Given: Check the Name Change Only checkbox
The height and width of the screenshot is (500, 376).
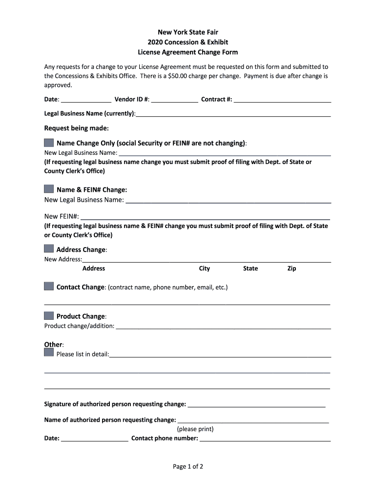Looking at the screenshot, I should [x=49, y=143].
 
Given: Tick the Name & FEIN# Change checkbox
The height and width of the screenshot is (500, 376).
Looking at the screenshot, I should [x=49, y=189].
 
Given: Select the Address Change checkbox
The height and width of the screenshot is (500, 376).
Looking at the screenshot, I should [x=49, y=249].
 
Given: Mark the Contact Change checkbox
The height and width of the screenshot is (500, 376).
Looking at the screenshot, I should [x=49, y=286].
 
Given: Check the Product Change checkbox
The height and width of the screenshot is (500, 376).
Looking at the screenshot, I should [x=49, y=315].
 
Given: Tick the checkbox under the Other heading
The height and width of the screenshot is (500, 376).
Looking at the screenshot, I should [x=49, y=353].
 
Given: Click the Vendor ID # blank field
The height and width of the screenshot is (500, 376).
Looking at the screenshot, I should [x=174, y=100].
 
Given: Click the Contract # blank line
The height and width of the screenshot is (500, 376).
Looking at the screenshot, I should [x=282, y=100].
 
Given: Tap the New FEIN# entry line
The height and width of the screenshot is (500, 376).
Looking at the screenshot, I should [x=205, y=216].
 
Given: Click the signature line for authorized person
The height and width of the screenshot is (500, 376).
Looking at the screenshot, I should [x=256, y=404].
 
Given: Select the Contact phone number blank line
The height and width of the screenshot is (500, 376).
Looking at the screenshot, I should [x=265, y=438].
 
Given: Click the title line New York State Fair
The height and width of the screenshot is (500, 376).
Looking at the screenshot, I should [x=188, y=32].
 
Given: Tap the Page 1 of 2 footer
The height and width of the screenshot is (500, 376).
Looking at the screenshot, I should [x=188, y=466].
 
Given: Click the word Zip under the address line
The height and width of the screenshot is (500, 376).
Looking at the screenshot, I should [x=292, y=269].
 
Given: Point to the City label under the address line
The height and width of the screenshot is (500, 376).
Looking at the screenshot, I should [x=204, y=269].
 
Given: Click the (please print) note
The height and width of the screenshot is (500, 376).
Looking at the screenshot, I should [x=195, y=429].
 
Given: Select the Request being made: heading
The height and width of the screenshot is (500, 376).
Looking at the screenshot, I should [x=77, y=128].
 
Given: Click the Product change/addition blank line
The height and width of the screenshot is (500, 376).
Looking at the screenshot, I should [x=223, y=326].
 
